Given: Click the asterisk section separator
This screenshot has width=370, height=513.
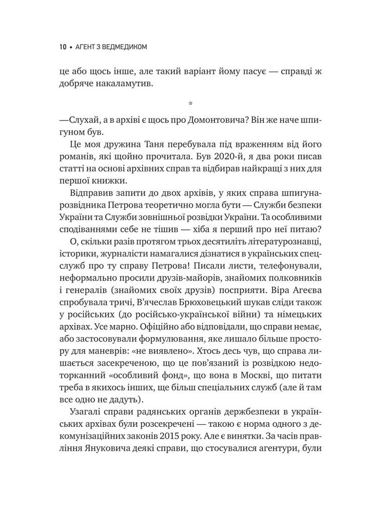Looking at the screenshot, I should coord(190,104).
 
